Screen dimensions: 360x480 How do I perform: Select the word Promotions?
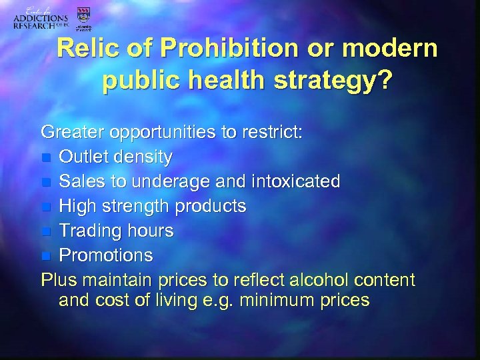[x=106, y=255]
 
